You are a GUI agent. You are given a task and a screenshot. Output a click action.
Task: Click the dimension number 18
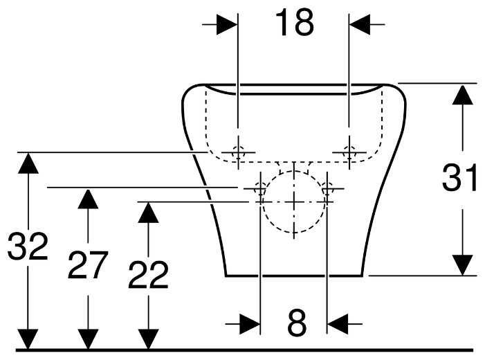pyautogui.click(x=294, y=24)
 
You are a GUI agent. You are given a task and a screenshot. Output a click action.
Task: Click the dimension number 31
pyautogui.click(x=460, y=179)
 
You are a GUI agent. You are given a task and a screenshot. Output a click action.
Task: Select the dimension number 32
pyautogui.click(x=28, y=247)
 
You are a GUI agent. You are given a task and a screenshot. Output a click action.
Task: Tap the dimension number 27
pyautogui.click(x=88, y=265)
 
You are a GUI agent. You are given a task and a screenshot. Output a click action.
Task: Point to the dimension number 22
pyautogui.click(x=148, y=276)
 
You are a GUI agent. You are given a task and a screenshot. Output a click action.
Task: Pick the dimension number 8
pyautogui.click(x=295, y=323)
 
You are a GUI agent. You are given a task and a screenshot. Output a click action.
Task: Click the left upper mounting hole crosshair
pyautogui.click(x=237, y=152)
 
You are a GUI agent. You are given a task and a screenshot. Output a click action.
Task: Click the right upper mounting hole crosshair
pyautogui.click(x=349, y=152)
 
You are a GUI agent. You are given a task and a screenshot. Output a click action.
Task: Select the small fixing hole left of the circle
pyautogui.click(x=259, y=188)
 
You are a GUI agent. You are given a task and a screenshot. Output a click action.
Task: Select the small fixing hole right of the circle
pyautogui.click(x=327, y=188)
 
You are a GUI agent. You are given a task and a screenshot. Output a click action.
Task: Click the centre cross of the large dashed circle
pyautogui.click(x=294, y=201)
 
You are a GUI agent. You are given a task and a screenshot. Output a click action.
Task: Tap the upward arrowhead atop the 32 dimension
pyautogui.click(x=28, y=162)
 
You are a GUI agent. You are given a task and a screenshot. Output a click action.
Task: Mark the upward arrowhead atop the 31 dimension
pyautogui.click(x=462, y=94)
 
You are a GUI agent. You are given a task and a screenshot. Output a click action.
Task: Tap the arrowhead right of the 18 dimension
pyautogui.click(x=360, y=24)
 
